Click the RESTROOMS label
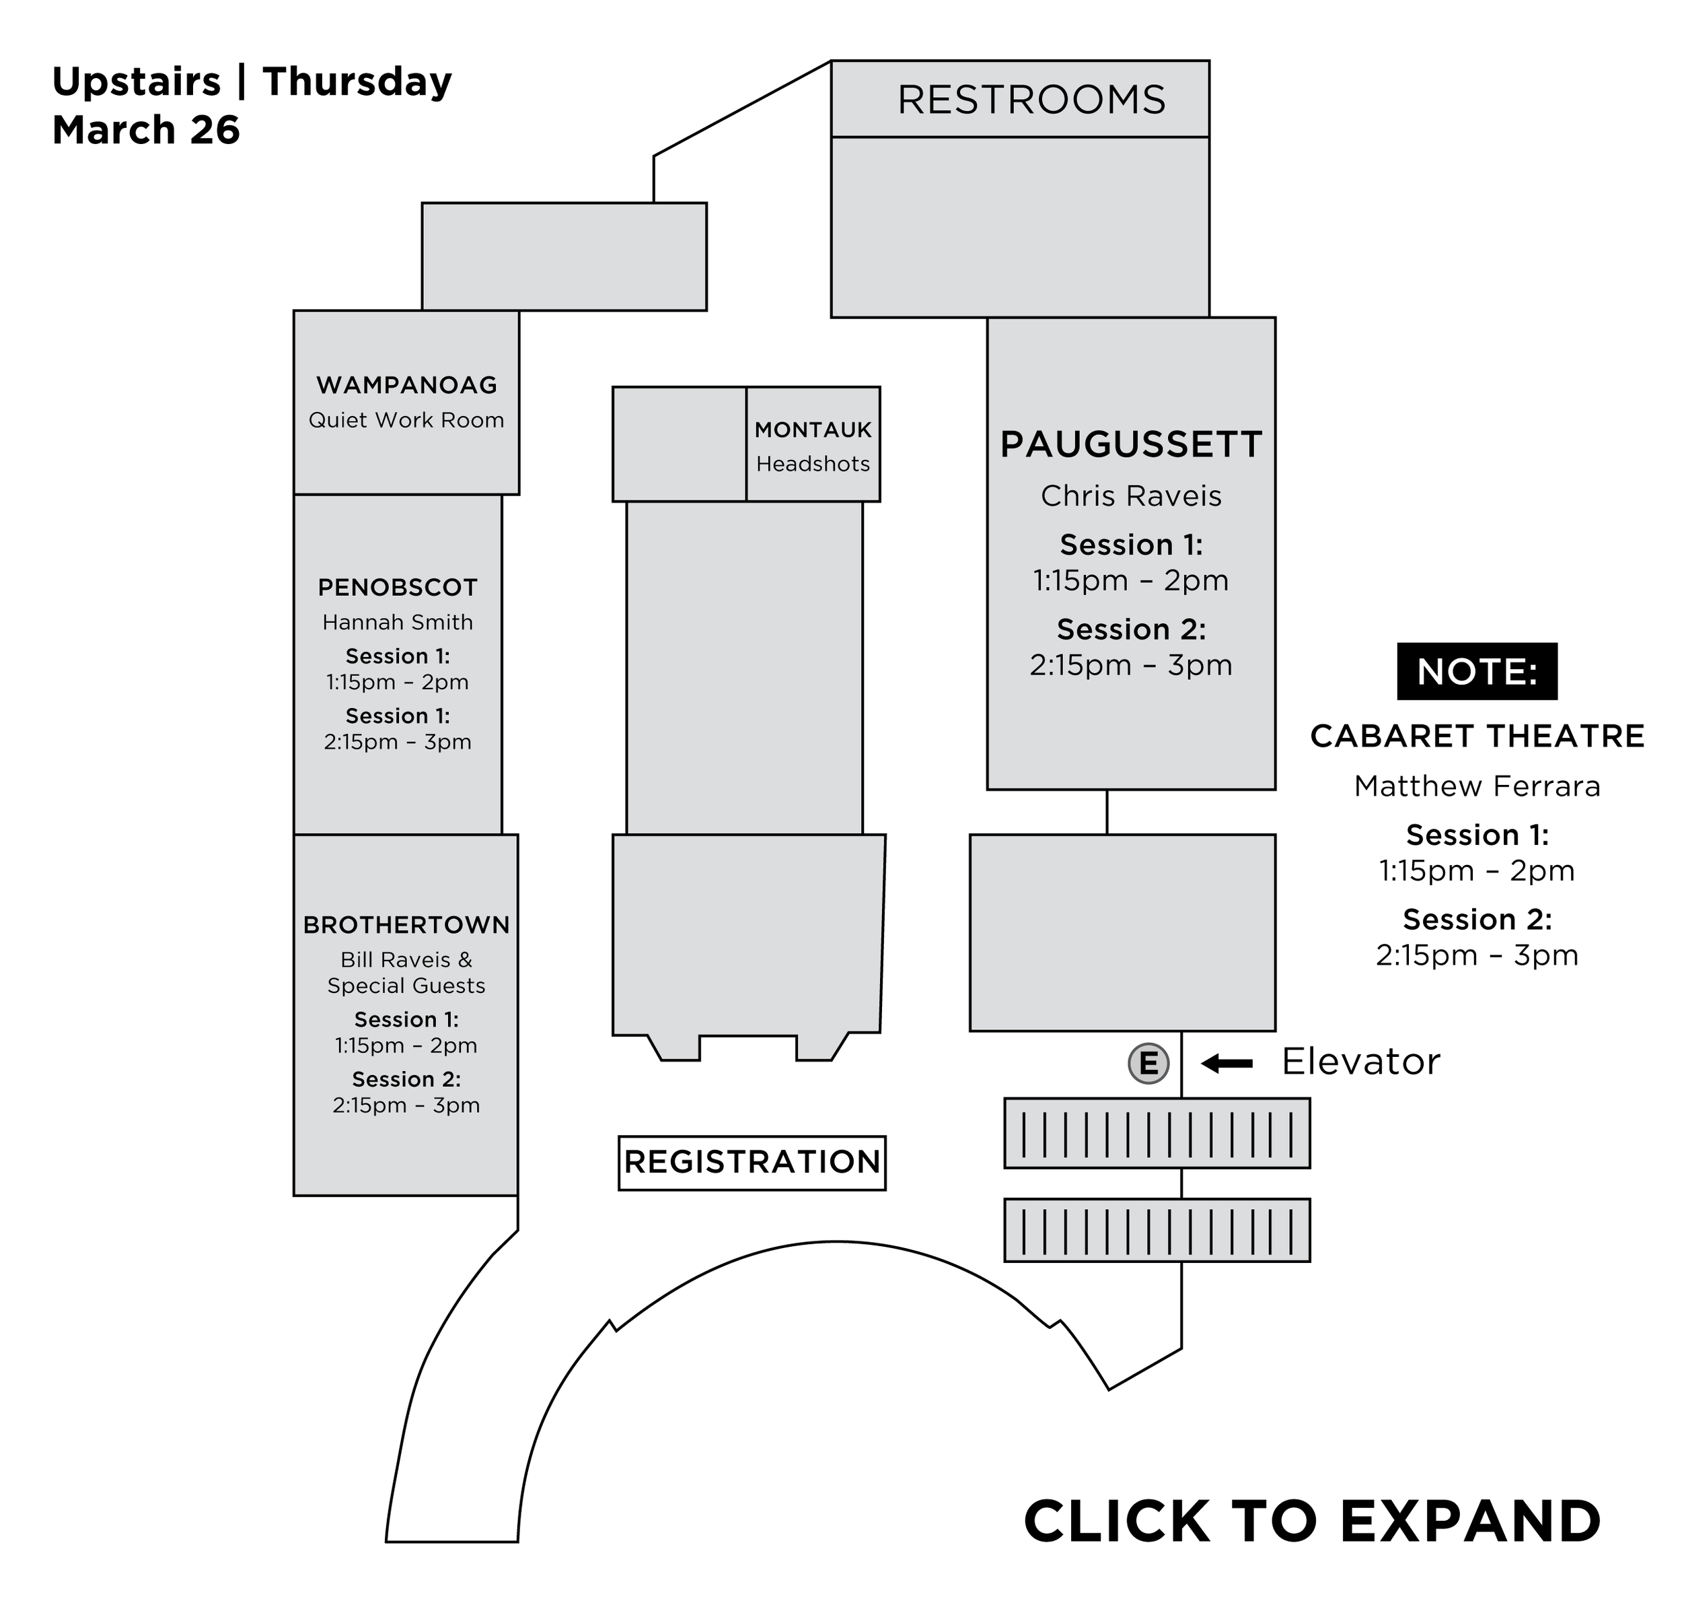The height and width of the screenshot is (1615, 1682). (x=1031, y=100)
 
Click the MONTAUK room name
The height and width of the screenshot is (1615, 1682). (x=813, y=430)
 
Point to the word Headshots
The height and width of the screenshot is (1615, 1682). (x=813, y=465)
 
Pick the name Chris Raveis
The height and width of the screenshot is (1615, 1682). (x=1131, y=496)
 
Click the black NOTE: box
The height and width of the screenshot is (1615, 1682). (x=1477, y=671)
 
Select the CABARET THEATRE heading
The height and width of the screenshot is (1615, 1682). (x=1477, y=736)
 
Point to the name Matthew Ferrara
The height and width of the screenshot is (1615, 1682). (x=1477, y=786)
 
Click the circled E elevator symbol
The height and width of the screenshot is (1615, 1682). (x=1148, y=1064)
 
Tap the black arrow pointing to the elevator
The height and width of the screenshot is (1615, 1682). (x=1227, y=1064)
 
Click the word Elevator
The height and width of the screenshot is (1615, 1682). (x=1360, y=1063)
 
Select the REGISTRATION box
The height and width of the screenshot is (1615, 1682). (x=752, y=1163)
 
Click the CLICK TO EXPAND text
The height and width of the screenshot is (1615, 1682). (x=1312, y=1521)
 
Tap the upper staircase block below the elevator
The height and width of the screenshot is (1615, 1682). (x=1157, y=1134)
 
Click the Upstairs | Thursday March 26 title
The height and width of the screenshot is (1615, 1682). (x=252, y=106)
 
